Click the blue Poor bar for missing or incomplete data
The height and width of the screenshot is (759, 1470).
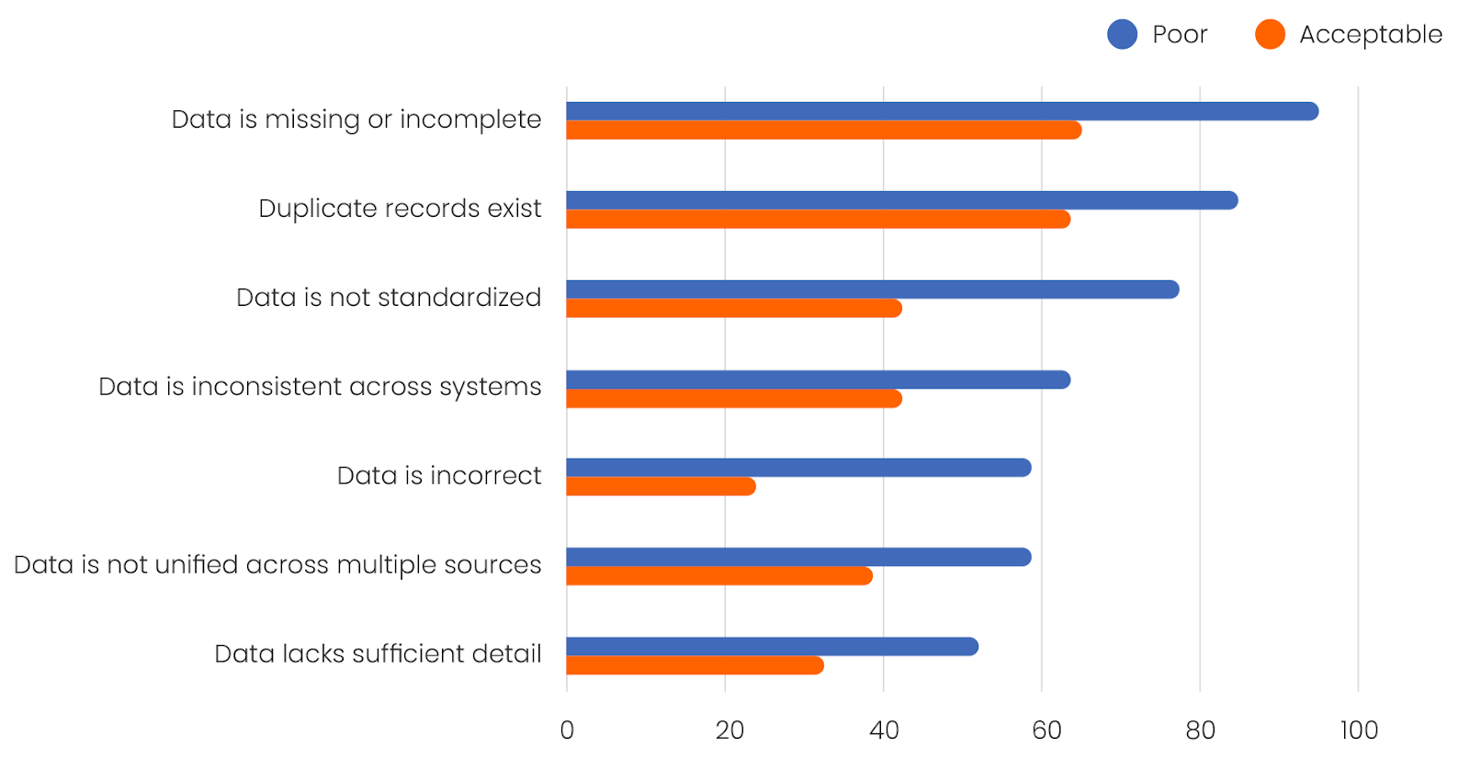pyautogui.click(x=942, y=111)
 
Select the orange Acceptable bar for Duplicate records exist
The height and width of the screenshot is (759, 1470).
pyautogui.click(x=818, y=220)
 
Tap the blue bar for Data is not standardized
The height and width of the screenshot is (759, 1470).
pyautogui.click(x=873, y=289)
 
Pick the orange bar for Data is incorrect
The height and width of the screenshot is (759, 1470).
pyautogui.click(x=661, y=487)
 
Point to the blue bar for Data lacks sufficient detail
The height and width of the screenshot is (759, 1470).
pyautogui.click(x=772, y=647)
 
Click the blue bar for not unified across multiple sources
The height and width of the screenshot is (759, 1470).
pyautogui.click(x=798, y=557)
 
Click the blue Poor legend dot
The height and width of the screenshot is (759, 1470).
pyautogui.click(x=1122, y=35)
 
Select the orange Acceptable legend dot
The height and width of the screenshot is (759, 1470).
pyautogui.click(x=1270, y=35)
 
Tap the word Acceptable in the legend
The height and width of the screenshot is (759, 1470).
pyautogui.click(x=1370, y=35)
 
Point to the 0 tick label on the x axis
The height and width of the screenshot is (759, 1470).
pyautogui.click(x=567, y=731)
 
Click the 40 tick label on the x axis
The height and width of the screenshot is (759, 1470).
pyautogui.click(x=884, y=731)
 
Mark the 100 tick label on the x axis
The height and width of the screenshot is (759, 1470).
pyautogui.click(x=1358, y=731)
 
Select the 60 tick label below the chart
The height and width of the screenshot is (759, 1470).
pyautogui.click(x=1046, y=731)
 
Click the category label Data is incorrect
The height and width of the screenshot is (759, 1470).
pyautogui.click(x=439, y=476)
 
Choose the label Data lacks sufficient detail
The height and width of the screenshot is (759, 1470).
pyautogui.click(x=378, y=654)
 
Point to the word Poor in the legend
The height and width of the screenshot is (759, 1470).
pyautogui.click(x=1180, y=35)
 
